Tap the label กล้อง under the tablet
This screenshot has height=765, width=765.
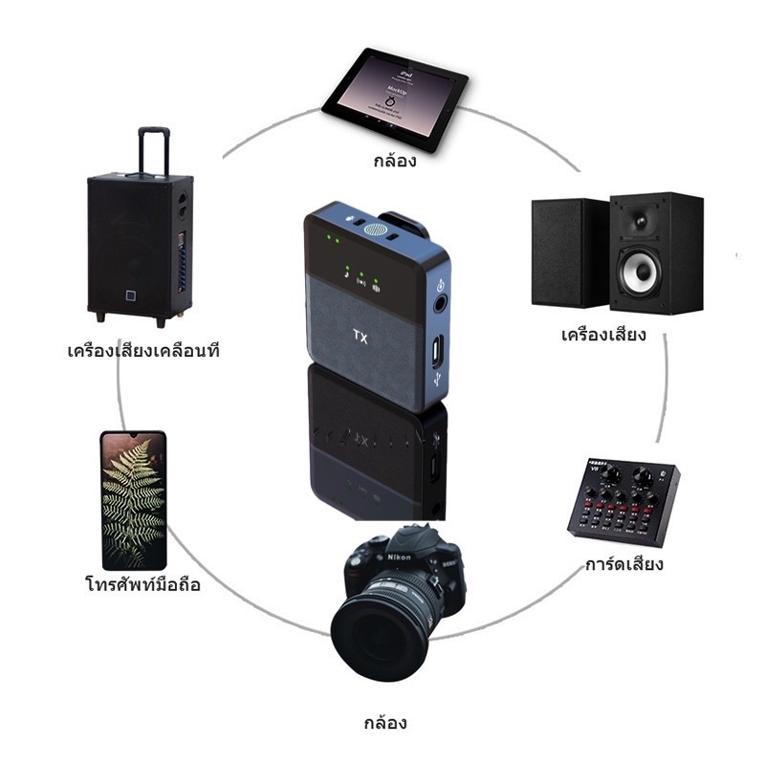click(394, 161)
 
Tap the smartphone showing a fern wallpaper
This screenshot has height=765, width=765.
click(134, 499)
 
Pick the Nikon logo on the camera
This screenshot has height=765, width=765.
click(400, 557)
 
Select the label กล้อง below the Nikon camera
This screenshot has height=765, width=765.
click(385, 722)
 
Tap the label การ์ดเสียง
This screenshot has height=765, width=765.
click(624, 564)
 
